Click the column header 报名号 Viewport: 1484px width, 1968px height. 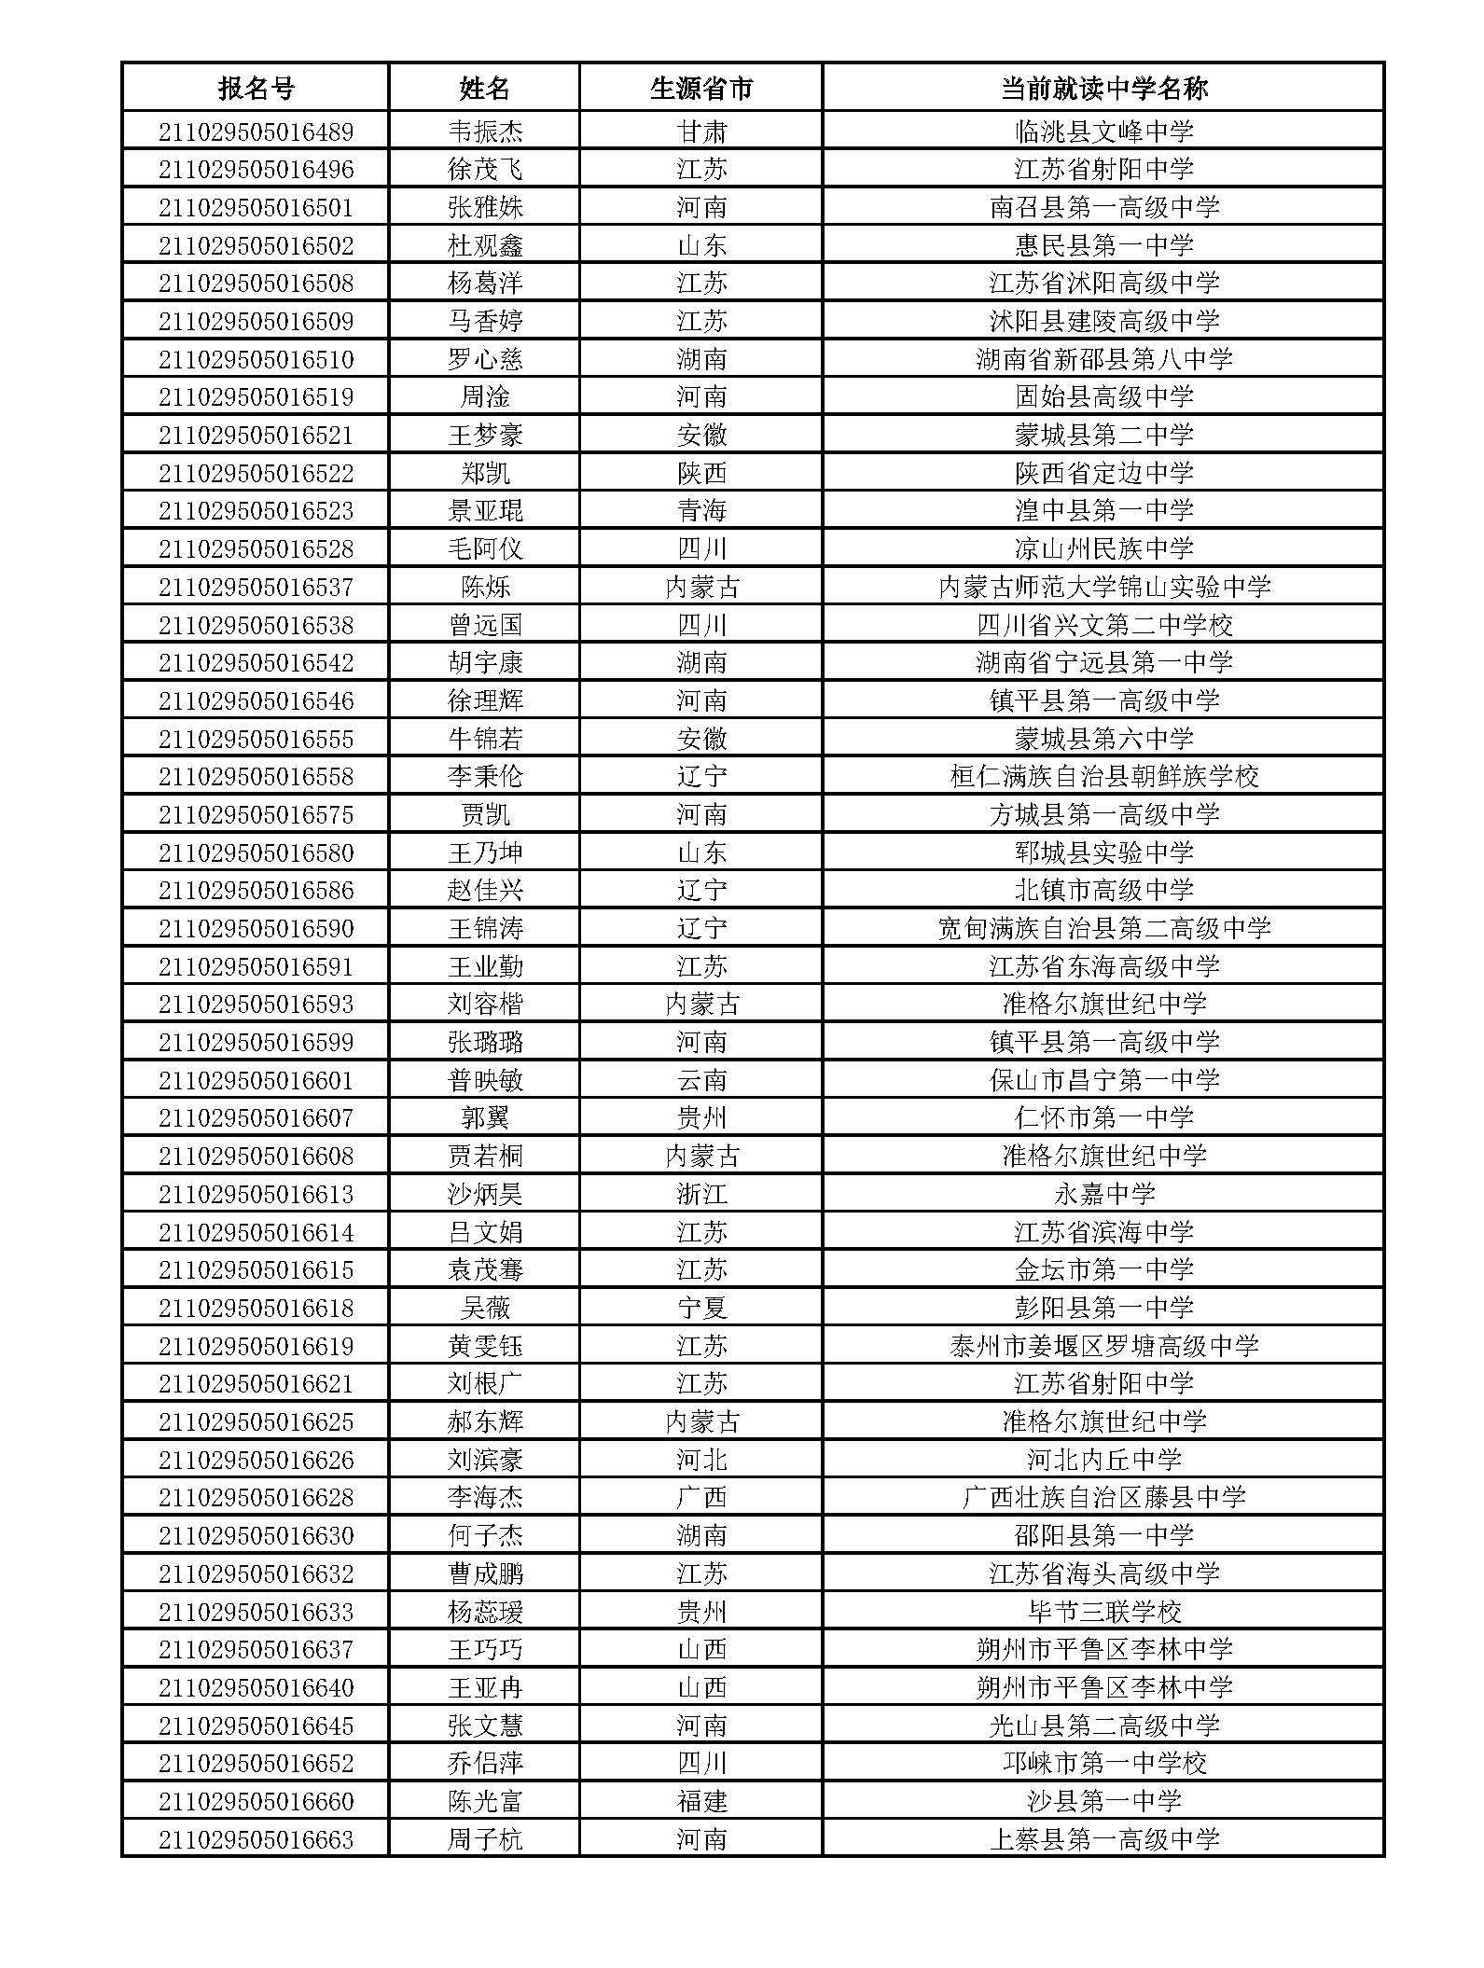[256, 89]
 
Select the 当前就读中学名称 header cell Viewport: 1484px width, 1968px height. [1103, 89]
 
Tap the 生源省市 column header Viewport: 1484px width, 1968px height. [700, 89]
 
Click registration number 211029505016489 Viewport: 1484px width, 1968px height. [256, 132]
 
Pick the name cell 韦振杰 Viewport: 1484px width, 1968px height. [484, 132]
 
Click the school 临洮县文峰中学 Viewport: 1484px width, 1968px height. [1103, 132]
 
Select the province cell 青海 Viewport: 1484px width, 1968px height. [700, 511]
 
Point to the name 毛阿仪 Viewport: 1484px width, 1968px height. [484, 548]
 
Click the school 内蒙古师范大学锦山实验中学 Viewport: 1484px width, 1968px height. [1103, 587]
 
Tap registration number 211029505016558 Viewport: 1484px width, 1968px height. [256, 777]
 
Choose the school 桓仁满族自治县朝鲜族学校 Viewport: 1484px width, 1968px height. [1103, 777]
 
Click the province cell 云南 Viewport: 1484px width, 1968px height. [700, 1080]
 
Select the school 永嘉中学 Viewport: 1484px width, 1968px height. [1103, 1194]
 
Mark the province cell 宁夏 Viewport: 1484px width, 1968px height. [700, 1308]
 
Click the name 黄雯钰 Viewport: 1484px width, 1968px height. [484, 1346]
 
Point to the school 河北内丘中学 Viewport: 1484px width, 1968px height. [1103, 1460]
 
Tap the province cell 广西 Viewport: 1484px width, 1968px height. [700, 1498]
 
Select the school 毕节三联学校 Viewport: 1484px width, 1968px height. [1103, 1612]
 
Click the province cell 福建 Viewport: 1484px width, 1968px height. [700, 1801]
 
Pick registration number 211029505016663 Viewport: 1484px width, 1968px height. [256, 1839]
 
